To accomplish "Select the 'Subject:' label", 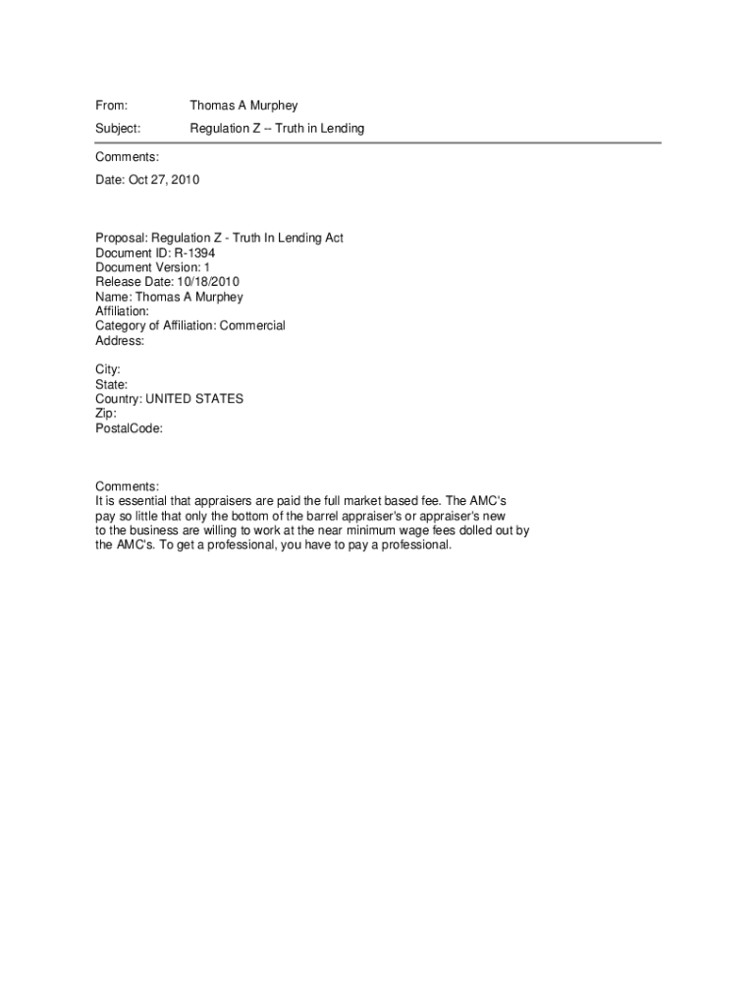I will pos(118,129).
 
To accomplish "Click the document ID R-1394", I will pos(194,252).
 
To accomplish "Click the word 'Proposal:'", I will pos(122,238).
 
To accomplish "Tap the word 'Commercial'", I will pos(252,325).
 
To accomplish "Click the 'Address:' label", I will pos(120,341).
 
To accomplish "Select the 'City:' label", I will pos(108,369).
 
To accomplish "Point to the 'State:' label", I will pos(112,384).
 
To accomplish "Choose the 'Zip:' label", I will pos(106,414).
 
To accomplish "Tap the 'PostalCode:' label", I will pos(129,428).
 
